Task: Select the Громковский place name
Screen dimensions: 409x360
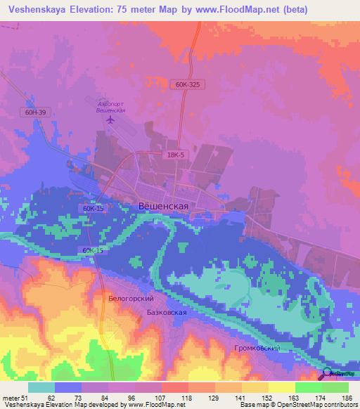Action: click(257, 348)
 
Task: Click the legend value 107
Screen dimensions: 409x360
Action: click(162, 398)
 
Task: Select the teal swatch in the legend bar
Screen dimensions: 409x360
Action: click(41, 387)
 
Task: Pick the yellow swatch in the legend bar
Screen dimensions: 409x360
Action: click(281, 387)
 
